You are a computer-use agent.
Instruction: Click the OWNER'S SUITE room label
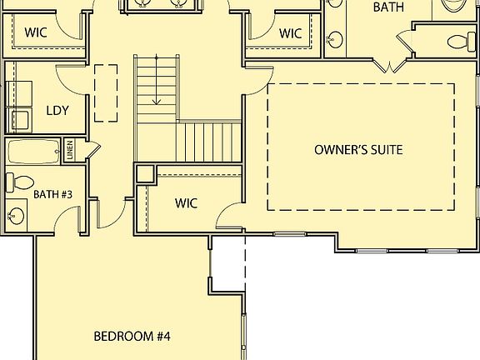[x=358, y=150]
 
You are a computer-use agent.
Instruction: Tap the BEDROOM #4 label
[x=132, y=337]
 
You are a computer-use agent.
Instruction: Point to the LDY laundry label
[x=57, y=110]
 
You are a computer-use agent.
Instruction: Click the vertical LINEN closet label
[x=70, y=151]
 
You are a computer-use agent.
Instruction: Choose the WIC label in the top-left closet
[x=35, y=33]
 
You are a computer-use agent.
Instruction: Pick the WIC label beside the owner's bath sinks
[x=290, y=33]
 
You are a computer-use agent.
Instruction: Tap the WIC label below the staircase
[x=186, y=202]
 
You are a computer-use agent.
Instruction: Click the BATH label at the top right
[x=388, y=7]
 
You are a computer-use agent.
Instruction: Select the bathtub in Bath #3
[x=33, y=152]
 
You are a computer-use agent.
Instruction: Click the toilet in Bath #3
[x=20, y=182]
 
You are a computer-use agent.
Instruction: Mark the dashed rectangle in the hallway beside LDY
[x=106, y=92]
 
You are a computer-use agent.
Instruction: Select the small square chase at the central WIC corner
[x=144, y=174]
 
